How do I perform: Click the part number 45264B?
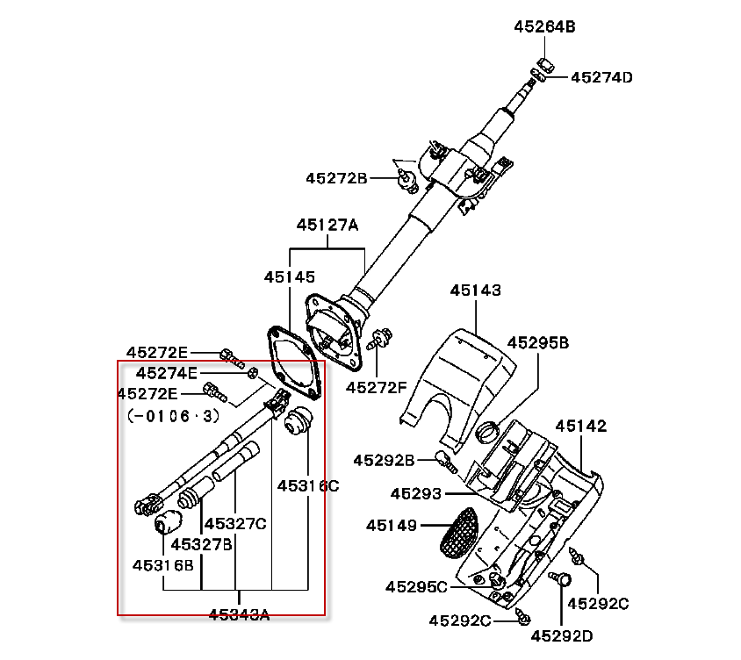pyautogui.click(x=544, y=26)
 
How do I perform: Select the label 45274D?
pyautogui.click(x=601, y=77)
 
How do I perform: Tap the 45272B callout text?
pyautogui.click(x=336, y=178)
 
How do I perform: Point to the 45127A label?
pyautogui.click(x=327, y=225)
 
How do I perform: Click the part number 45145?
pyautogui.click(x=289, y=276)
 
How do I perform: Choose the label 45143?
pyautogui.click(x=475, y=291)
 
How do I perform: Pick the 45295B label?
pyautogui.click(x=538, y=342)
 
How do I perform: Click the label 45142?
pyautogui.click(x=581, y=426)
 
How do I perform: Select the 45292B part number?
pyautogui.click(x=384, y=460)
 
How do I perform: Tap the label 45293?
pyautogui.click(x=416, y=494)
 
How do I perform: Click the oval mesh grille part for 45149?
pyautogui.click(x=458, y=533)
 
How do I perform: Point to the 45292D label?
pyautogui.click(x=561, y=636)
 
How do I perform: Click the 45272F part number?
pyautogui.click(x=376, y=387)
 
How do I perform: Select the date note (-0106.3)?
pyautogui.click(x=174, y=416)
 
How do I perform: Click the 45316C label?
pyautogui.click(x=308, y=485)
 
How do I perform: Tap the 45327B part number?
pyautogui.click(x=201, y=544)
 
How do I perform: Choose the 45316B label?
pyautogui.click(x=163, y=565)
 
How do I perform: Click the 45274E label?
pyautogui.click(x=166, y=373)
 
